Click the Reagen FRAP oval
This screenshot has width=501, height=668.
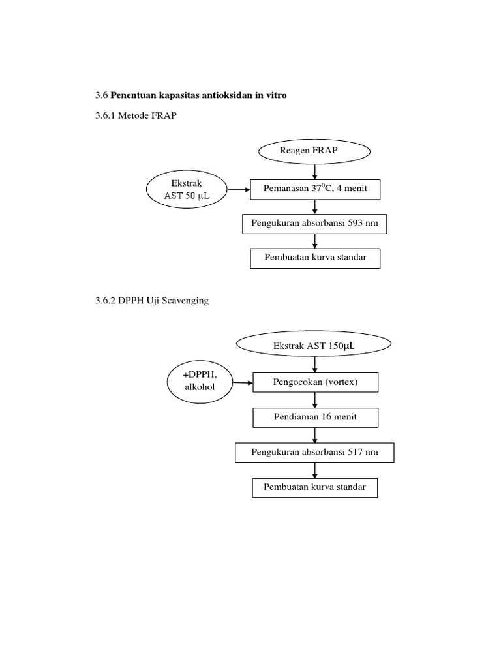pos(315,152)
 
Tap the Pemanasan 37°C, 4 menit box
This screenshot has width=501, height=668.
pos(315,189)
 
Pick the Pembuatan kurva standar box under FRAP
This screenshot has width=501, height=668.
pos(315,258)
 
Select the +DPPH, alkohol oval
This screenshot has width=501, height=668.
pos(200,382)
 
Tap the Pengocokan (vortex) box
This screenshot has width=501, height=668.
pos(315,382)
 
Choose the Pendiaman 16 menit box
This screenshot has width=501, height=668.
pos(315,417)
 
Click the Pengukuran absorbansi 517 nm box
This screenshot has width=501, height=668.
pos(315,452)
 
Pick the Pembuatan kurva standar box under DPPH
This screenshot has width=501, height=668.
pos(315,487)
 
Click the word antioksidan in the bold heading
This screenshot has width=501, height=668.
pos(218,95)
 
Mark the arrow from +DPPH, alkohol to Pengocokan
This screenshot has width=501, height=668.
pos(243,382)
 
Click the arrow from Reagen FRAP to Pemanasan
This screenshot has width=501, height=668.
pos(315,171)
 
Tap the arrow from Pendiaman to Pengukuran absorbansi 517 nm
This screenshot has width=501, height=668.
pos(315,435)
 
